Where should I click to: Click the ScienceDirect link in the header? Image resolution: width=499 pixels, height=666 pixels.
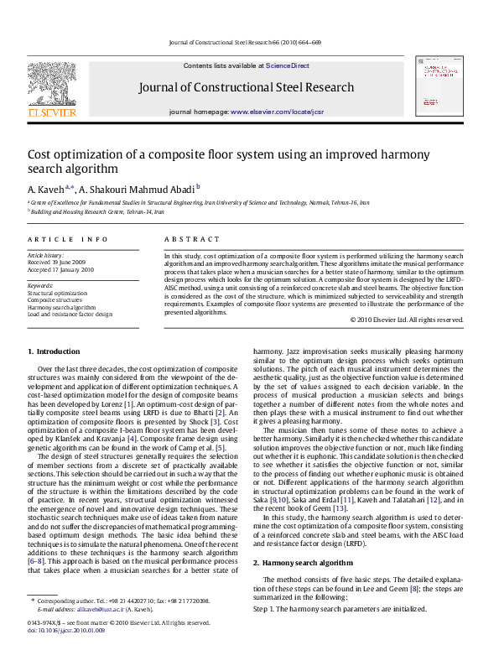(x=288, y=65)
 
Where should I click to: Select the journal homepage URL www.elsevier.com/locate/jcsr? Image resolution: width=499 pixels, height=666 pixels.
(x=273, y=112)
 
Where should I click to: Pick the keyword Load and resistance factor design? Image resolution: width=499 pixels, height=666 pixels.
(x=70, y=315)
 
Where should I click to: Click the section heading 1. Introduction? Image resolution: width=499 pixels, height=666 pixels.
(x=54, y=351)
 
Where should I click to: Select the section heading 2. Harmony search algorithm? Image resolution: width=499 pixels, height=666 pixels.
(x=303, y=539)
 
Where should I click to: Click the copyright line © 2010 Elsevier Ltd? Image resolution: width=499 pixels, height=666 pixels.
(x=406, y=320)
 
